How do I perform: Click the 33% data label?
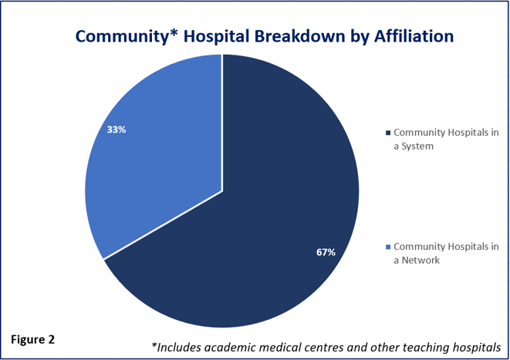tap(117, 130)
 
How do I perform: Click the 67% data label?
tap(326, 252)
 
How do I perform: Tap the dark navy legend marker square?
tap(387, 133)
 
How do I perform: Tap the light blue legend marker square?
tap(387, 247)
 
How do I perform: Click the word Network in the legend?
tap(420, 260)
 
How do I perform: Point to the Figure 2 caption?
tap(33, 340)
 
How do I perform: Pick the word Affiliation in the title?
tap(414, 35)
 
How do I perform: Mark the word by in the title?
tap(359, 37)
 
